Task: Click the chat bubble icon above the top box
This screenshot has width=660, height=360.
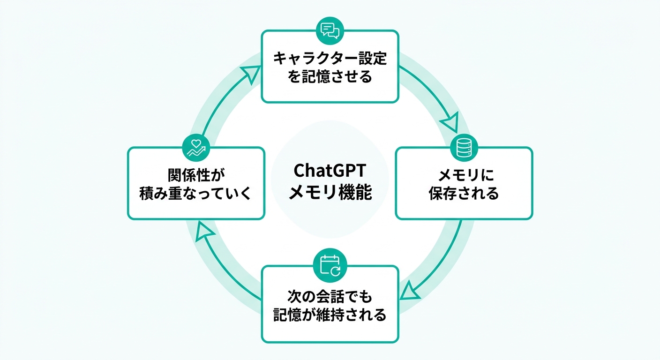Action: (x=330, y=30)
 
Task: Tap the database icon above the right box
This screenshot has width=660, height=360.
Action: (x=464, y=147)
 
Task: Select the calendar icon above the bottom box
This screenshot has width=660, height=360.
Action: (x=330, y=265)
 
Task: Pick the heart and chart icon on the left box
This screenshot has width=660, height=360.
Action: (x=196, y=147)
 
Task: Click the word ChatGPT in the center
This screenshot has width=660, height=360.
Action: (x=330, y=170)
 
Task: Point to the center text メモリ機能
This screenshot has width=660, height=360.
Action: (x=330, y=192)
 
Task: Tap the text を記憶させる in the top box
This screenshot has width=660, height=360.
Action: (x=330, y=76)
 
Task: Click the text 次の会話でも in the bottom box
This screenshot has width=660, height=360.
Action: (x=330, y=296)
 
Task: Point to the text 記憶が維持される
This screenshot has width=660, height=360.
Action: (x=330, y=315)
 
